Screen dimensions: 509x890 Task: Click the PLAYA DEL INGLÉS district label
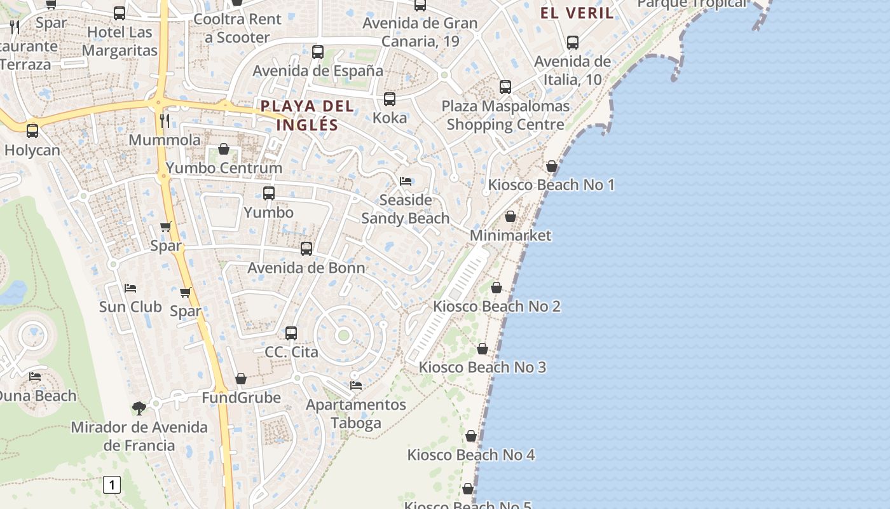click(307, 115)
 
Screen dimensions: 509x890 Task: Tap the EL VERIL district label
click(577, 13)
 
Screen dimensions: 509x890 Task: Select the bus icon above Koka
click(390, 99)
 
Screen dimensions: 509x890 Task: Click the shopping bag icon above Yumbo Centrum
click(224, 149)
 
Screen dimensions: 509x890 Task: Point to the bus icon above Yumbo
click(269, 193)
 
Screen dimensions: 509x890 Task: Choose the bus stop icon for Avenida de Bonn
click(306, 249)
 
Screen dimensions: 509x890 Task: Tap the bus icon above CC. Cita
click(291, 333)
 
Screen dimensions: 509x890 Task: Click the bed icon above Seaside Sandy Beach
click(406, 181)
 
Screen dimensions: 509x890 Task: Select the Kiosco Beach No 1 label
click(551, 185)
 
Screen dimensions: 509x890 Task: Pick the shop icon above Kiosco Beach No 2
click(496, 288)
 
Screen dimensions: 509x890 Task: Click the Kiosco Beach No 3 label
click(482, 367)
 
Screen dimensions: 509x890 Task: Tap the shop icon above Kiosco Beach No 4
click(471, 436)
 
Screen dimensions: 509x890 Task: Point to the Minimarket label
click(510, 235)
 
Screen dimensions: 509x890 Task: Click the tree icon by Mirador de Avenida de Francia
click(139, 408)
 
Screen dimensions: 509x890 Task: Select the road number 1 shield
click(112, 485)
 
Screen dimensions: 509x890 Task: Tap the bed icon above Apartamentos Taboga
click(356, 386)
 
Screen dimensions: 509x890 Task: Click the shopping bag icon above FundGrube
click(241, 379)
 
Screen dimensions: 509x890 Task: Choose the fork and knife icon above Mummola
click(165, 120)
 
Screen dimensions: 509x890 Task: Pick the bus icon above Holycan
click(32, 131)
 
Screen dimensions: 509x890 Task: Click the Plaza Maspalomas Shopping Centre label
click(505, 115)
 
